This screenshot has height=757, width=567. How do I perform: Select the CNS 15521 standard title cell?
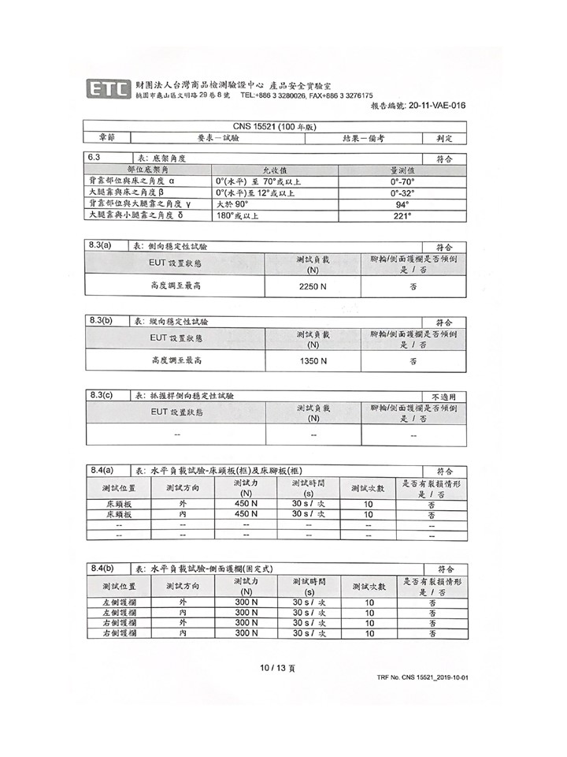click(x=275, y=126)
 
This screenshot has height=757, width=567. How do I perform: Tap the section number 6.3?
click(x=96, y=158)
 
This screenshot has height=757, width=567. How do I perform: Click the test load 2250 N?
click(x=313, y=286)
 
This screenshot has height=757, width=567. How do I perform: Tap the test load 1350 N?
click(x=313, y=360)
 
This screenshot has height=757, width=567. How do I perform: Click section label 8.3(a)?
click(x=102, y=246)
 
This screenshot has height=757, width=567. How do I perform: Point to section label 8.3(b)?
click(x=102, y=320)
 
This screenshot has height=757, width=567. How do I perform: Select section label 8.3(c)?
click(x=102, y=394)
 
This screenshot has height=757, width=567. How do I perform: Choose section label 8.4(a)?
click(x=102, y=470)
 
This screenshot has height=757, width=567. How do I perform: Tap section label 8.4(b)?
click(x=102, y=568)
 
